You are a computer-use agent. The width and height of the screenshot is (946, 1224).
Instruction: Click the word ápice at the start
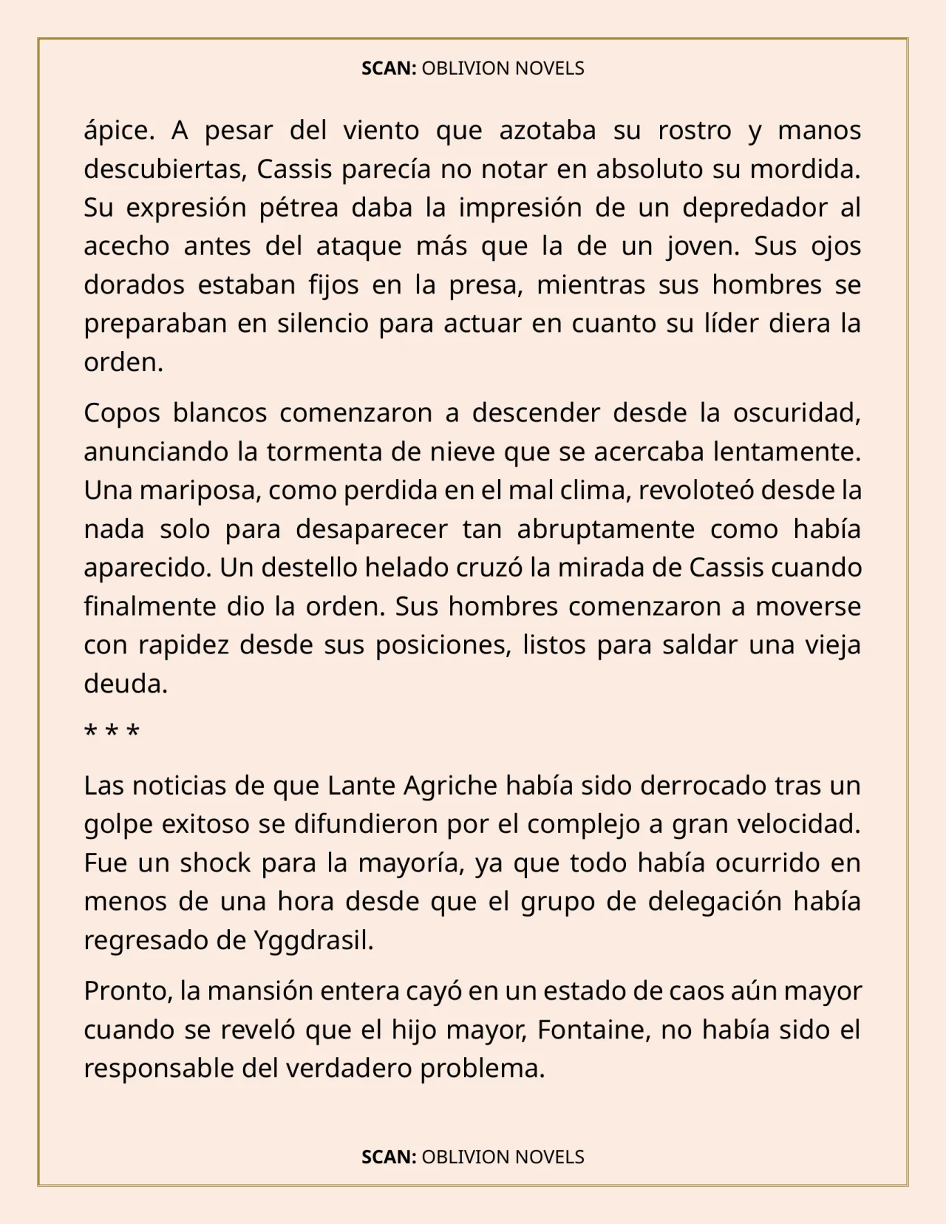coord(118,131)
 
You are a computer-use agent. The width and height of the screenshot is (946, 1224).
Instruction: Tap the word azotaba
coord(548,131)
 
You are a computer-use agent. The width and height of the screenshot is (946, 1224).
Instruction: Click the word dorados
coord(134,285)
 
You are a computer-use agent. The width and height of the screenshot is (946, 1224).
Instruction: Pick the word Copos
coord(122,413)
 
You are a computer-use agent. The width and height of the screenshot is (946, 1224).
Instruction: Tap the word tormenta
coord(325,452)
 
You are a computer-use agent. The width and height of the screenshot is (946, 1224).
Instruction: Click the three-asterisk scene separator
coord(112,732)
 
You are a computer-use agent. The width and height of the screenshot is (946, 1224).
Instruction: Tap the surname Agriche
coord(451,785)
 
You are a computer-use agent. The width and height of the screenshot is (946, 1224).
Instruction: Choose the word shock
coord(215,863)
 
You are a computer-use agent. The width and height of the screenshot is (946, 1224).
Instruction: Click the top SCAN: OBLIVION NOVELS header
coord(473,69)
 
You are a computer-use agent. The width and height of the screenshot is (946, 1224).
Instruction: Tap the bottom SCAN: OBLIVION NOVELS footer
coord(473,1157)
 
